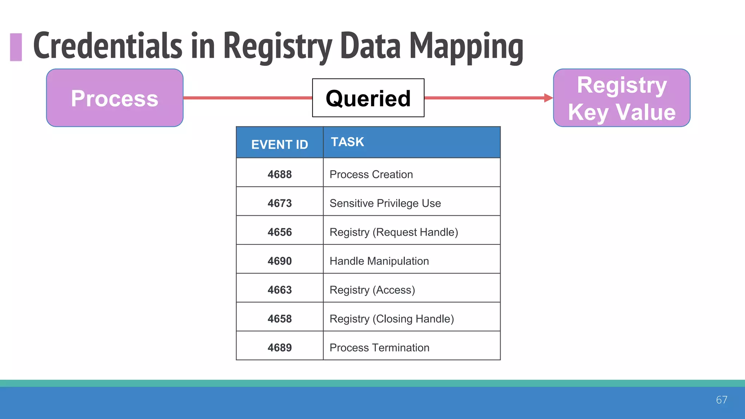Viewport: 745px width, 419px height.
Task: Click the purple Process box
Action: [x=115, y=98]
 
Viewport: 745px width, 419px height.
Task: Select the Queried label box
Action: [x=368, y=98]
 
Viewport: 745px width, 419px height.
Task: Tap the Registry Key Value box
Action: [x=622, y=98]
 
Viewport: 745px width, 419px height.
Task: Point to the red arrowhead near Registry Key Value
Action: [x=548, y=98]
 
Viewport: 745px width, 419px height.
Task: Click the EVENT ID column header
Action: [x=279, y=144]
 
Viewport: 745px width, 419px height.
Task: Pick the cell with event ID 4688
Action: [x=279, y=174]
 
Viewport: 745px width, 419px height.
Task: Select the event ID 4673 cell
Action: [x=279, y=203]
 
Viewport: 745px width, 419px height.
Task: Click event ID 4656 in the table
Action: [x=279, y=232]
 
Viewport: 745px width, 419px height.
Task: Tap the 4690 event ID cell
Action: [x=279, y=261]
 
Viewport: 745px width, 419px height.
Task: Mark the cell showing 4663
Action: [x=279, y=290]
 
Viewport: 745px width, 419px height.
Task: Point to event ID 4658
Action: [x=279, y=319]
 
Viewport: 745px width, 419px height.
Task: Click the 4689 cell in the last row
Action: [x=279, y=347]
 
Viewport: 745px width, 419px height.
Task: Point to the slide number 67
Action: [x=721, y=400]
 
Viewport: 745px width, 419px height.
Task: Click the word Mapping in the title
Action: [x=466, y=47]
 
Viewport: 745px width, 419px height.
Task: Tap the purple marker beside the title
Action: [x=16, y=47]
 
